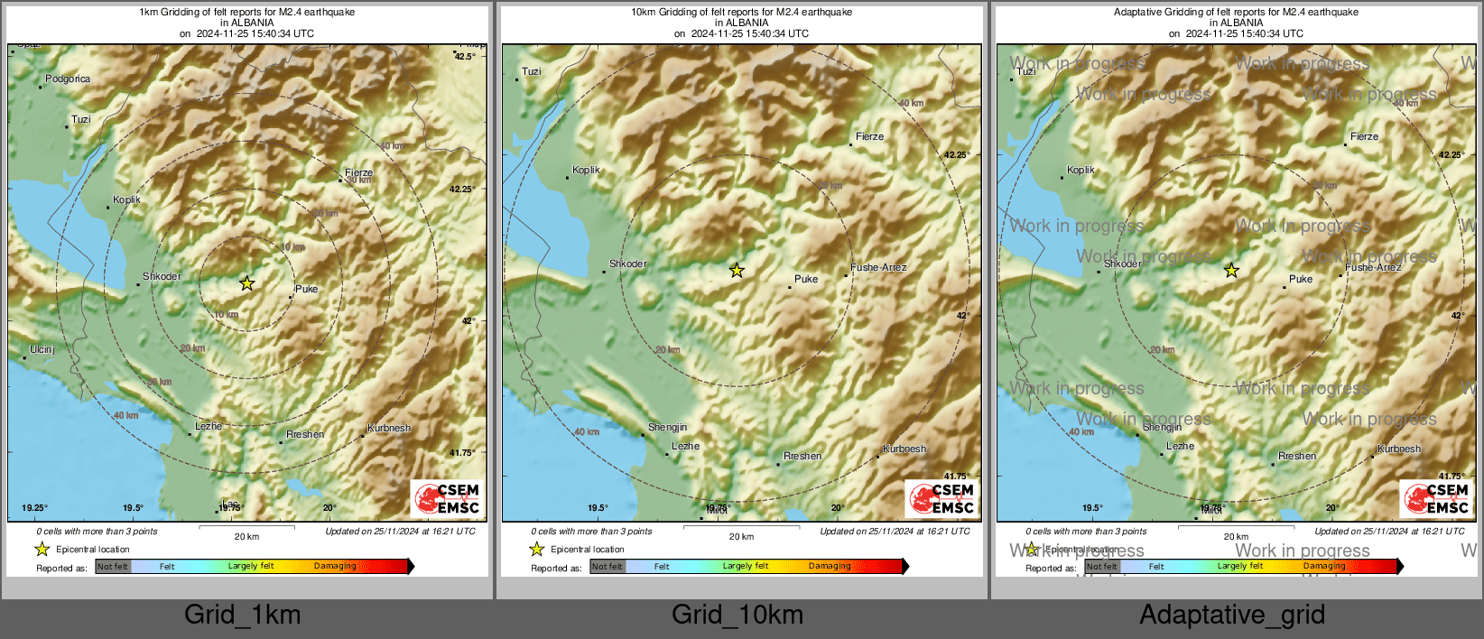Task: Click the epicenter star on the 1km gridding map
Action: (246, 283)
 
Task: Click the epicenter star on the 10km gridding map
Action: (737, 270)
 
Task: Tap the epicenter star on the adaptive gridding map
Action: (1231, 270)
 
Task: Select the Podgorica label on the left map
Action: (68, 79)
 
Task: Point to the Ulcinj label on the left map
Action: (42, 349)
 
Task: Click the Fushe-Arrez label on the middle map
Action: (878, 268)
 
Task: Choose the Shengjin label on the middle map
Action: (667, 427)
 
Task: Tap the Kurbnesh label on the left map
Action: (389, 428)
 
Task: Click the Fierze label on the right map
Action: (1364, 137)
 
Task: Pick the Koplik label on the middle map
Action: (586, 170)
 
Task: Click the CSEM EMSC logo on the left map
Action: (448, 498)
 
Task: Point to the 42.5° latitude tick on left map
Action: (465, 57)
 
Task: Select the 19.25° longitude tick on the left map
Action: (34, 508)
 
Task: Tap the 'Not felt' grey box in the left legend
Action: (113, 567)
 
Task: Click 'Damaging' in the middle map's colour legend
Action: (830, 566)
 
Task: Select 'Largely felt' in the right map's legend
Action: (1239, 566)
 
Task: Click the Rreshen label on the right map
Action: (1297, 456)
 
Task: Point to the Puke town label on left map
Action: (307, 289)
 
